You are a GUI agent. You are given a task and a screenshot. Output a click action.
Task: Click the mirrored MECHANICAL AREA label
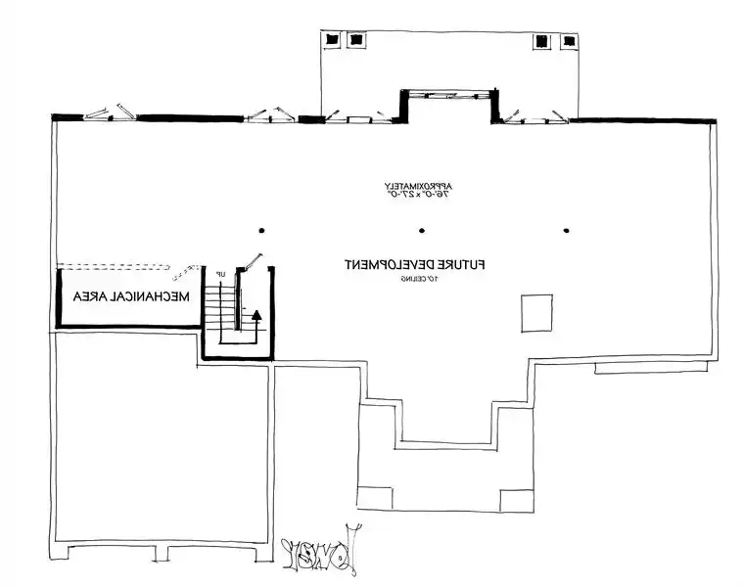(x=129, y=296)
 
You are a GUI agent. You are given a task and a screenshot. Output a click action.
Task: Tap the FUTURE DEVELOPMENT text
(x=415, y=264)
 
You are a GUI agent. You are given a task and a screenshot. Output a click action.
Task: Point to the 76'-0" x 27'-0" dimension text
(x=420, y=196)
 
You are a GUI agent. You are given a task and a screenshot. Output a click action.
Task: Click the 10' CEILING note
(x=417, y=280)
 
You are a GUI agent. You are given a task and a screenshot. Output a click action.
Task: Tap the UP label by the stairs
(x=221, y=272)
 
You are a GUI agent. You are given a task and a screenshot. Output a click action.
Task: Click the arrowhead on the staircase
(x=257, y=315)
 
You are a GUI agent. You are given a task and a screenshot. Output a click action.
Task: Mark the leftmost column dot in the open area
(x=262, y=231)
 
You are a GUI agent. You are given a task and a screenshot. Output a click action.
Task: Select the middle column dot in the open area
(x=421, y=231)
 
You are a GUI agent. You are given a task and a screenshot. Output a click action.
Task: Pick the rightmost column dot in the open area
(x=567, y=231)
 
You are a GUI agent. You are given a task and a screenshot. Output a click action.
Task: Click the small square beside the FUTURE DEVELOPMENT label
(x=536, y=313)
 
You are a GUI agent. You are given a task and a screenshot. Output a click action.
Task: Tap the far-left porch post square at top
(x=334, y=41)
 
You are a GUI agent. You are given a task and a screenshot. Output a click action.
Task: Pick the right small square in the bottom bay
(x=516, y=500)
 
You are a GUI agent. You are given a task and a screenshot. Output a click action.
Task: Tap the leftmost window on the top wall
(x=110, y=111)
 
